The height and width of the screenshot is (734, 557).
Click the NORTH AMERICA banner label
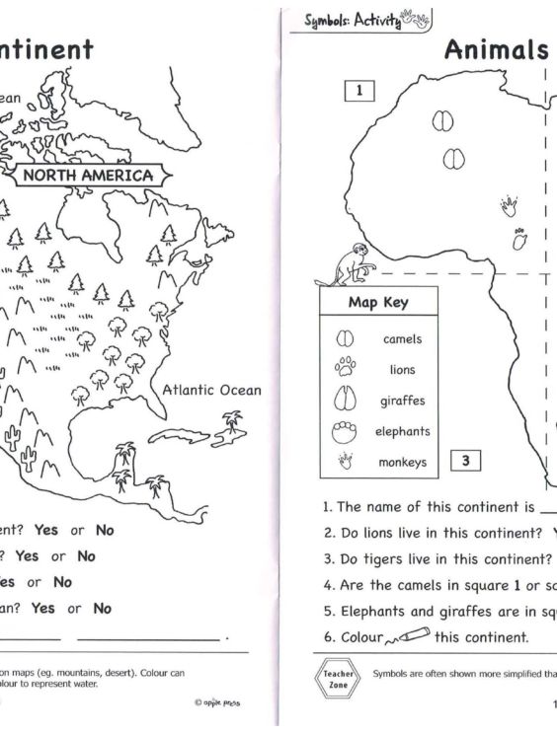[x=88, y=177]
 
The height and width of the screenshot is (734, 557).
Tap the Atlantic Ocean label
[x=212, y=390]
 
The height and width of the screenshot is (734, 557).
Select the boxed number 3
[x=465, y=460]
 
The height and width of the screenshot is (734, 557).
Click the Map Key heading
[x=378, y=303]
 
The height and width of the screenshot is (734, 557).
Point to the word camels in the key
[x=402, y=339]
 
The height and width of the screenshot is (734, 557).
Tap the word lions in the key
[x=402, y=370]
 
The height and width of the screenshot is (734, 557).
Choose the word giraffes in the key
[x=402, y=401]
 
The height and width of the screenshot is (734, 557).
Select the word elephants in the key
[x=402, y=431]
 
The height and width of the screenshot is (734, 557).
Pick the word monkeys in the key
[x=402, y=462]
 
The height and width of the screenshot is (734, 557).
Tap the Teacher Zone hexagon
[x=339, y=682]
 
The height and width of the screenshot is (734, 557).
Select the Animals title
[x=496, y=50]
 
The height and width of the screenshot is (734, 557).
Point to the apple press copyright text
[x=217, y=703]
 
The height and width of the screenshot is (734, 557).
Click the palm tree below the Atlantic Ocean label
[x=232, y=423]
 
